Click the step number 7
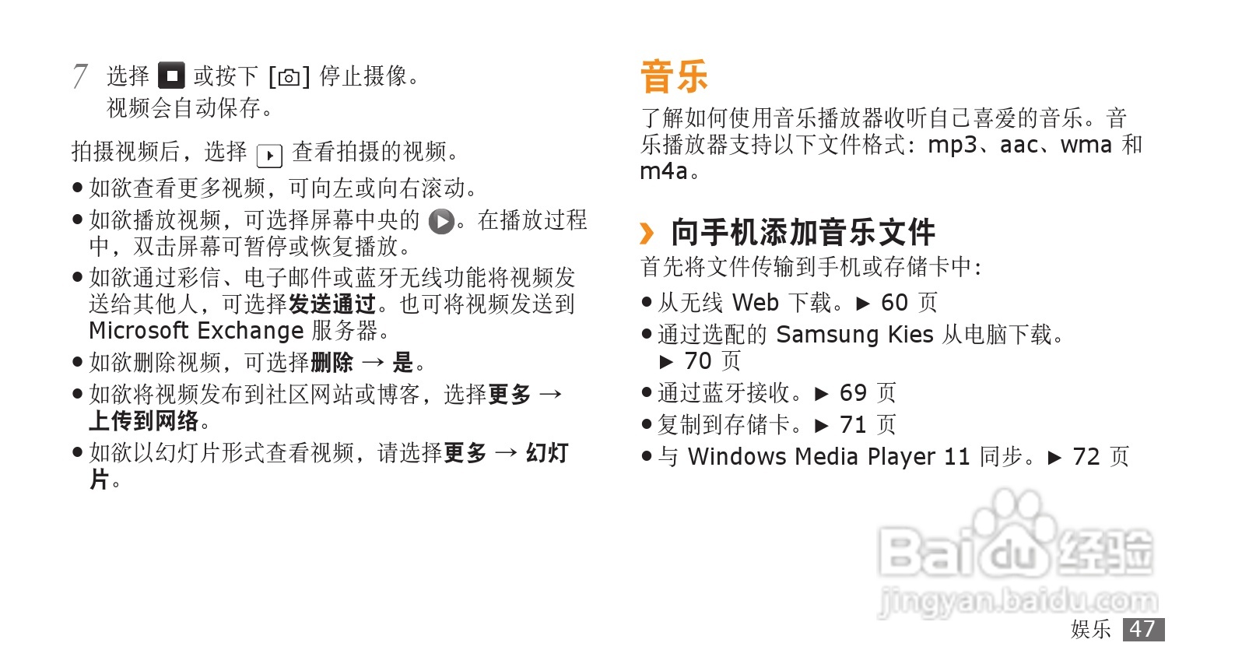[x=79, y=76]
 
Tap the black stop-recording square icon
[x=171, y=76]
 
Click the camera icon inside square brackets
[x=289, y=77]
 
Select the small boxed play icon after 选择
[x=269, y=156]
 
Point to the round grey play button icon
[x=441, y=222]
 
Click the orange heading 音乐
[x=674, y=76]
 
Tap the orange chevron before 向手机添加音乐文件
[x=647, y=233]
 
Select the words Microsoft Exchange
[x=196, y=331]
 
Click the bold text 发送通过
[x=332, y=304]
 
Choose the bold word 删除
[x=332, y=363]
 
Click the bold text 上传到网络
[x=144, y=421]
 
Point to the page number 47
[x=1142, y=629]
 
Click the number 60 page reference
[x=894, y=303]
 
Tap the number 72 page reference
[x=1086, y=457]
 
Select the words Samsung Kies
[x=854, y=335]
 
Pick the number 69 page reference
[x=853, y=393]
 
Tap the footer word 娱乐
[x=1090, y=629]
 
